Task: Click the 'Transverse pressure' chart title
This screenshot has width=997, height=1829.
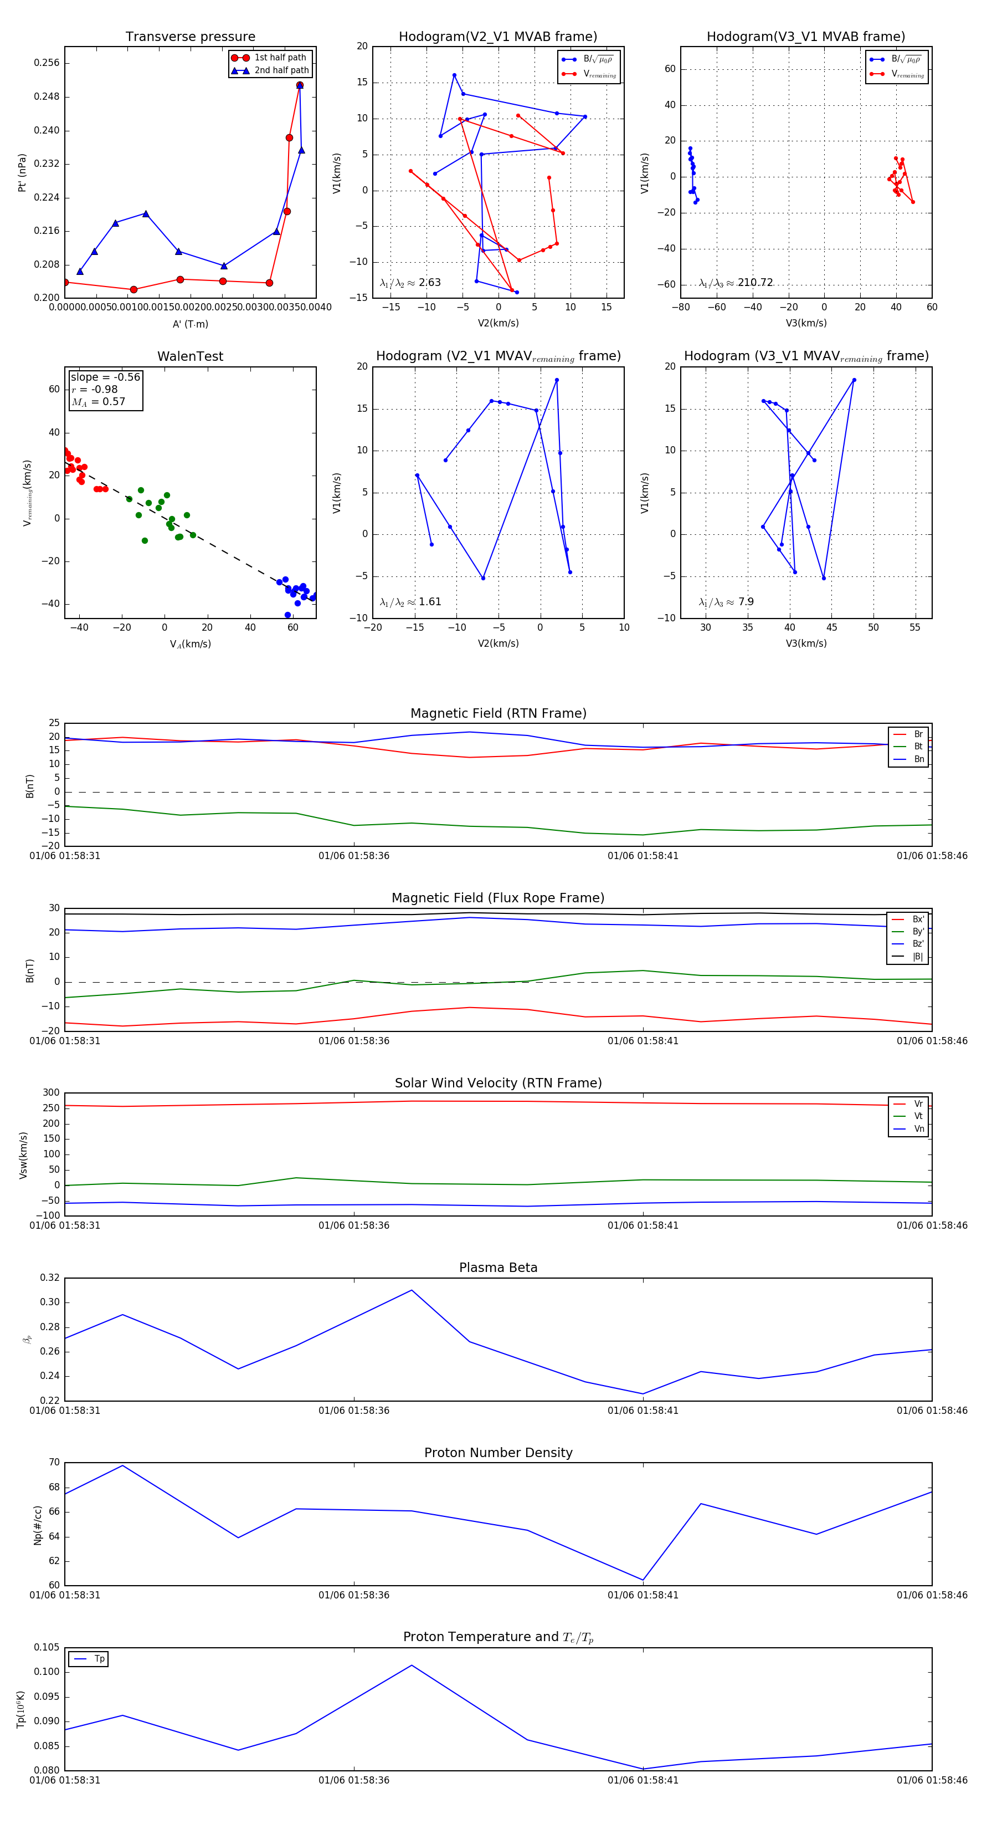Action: pos(190,37)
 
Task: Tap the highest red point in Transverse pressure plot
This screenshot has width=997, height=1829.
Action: pos(300,85)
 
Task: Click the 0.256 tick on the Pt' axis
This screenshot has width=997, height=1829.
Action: pos(47,63)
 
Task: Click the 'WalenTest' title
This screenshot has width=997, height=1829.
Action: pos(190,356)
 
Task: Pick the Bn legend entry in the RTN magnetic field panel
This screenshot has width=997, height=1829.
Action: pos(918,759)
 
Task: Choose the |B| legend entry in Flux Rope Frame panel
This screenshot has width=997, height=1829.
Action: pos(918,957)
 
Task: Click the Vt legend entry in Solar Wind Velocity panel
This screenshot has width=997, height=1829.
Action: pos(918,1116)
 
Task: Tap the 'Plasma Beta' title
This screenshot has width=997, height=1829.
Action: pos(498,1268)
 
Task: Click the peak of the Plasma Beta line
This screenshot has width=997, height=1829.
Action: pos(412,1290)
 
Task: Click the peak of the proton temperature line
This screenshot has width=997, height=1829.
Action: pos(412,1665)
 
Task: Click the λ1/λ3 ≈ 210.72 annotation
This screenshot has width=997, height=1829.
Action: pos(736,283)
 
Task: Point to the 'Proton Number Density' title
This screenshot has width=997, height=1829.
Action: pos(498,1453)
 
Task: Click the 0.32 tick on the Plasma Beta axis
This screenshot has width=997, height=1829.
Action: pos(50,1278)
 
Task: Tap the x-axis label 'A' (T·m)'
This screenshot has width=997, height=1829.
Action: pos(190,324)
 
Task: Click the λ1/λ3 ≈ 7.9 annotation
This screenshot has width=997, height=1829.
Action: pos(726,602)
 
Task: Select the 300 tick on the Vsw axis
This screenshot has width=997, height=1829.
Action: pos(51,1093)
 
